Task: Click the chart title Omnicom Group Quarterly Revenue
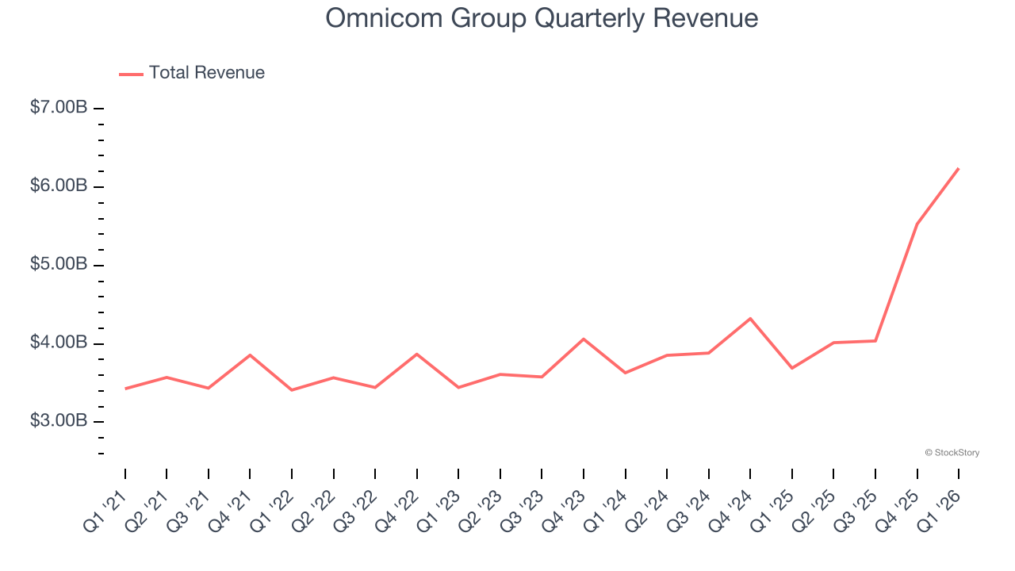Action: (x=542, y=18)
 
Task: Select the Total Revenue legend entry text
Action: (x=206, y=73)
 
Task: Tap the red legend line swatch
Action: (x=131, y=74)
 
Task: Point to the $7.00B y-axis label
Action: (x=59, y=107)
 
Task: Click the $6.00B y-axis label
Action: (x=59, y=186)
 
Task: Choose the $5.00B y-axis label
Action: (x=59, y=264)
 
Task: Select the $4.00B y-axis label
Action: (x=59, y=343)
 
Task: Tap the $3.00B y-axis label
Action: (x=59, y=420)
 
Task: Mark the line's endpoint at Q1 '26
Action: (x=959, y=168)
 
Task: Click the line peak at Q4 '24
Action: (x=750, y=319)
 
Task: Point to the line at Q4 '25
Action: (x=917, y=224)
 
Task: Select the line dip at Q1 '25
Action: (x=792, y=368)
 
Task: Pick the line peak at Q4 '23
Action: (x=584, y=339)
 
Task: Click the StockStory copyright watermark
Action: (x=952, y=453)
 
